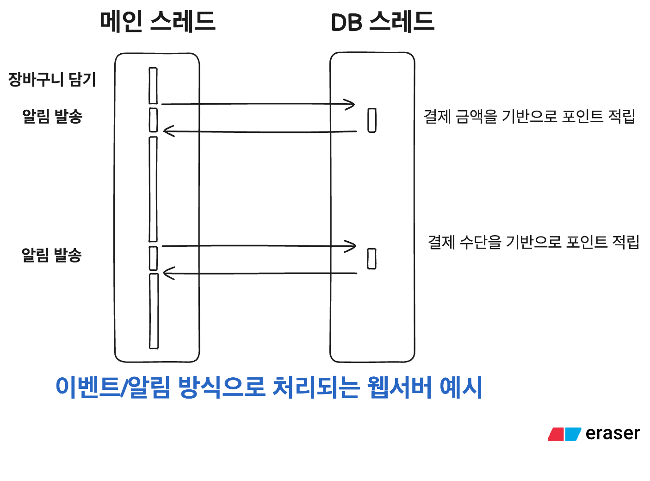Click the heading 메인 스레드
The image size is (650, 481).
[x=158, y=22]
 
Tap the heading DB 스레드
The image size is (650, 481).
[x=383, y=22]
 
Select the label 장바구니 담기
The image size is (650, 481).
[x=52, y=80]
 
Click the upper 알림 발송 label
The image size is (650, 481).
[x=52, y=116]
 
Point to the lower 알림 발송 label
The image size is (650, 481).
[x=52, y=255]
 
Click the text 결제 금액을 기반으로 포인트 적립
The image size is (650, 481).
[x=529, y=116]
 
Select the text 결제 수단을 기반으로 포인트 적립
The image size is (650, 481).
[x=533, y=242]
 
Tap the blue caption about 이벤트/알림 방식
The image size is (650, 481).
[x=269, y=387]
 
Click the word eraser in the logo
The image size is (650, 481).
[x=613, y=433]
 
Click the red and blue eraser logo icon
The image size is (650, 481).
[x=564, y=434]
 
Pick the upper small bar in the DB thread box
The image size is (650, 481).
[x=372, y=120]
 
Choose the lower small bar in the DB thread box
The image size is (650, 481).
[x=371, y=259]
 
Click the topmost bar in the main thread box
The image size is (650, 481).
[x=153, y=86]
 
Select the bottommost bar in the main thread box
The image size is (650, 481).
[x=154, y=311]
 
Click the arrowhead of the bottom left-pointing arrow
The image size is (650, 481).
[x=166, y=273]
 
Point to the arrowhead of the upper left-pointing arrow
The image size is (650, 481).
[x=166, y=131]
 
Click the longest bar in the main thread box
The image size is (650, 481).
[x=153, y=189]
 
